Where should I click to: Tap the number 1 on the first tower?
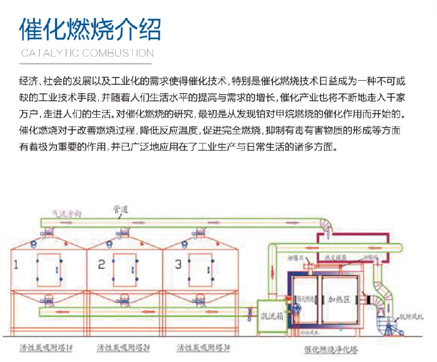(16, 265)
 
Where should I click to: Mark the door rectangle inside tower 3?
(201, 269)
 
